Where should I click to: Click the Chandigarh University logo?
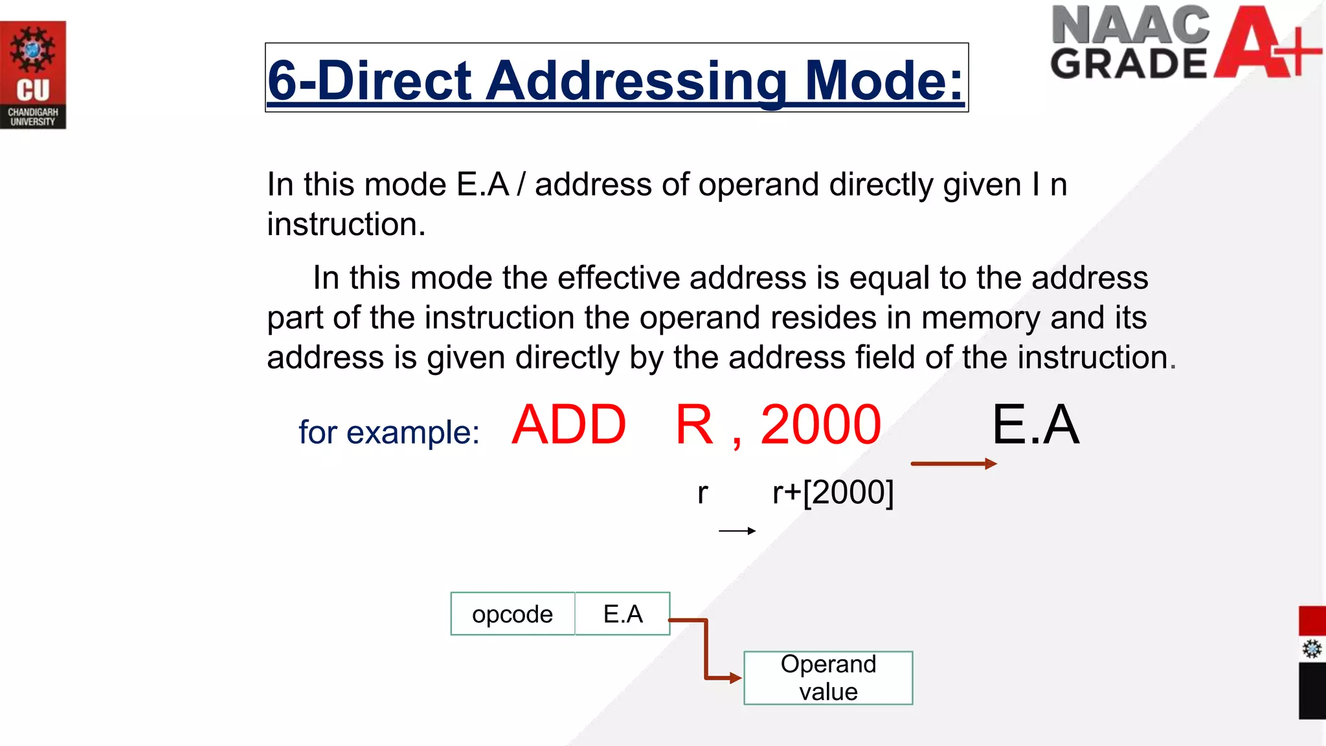point(33,75)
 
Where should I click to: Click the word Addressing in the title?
point(637,80)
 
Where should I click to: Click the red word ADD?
point(569,425)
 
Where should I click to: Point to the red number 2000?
point(820,425)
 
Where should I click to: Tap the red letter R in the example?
point(694,425)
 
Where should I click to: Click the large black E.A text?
point(1035,425)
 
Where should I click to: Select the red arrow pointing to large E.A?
point(953,464)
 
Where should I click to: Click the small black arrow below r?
point(737,531)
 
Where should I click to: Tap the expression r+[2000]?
point(833,493)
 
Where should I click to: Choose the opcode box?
point(513,614)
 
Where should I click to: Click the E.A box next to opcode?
point(622,614)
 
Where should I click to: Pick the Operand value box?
point(828,678)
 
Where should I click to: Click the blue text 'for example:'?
point(388,432)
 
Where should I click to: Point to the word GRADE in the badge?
point(1129,63)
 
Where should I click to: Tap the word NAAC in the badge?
point(1130,25)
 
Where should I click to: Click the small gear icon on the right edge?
point(1312,649)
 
